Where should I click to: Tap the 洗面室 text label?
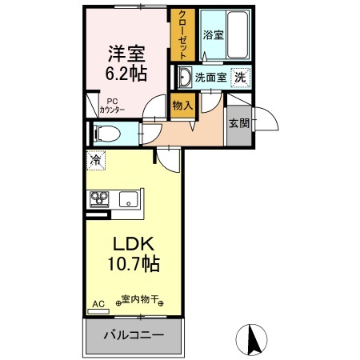[x=211, y=79]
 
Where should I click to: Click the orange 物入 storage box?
[x=182, y=106]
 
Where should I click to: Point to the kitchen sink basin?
[x=127, y=198]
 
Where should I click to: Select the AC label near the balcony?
[x=98, y=304]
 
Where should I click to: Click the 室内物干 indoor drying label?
[x=141, y=302]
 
